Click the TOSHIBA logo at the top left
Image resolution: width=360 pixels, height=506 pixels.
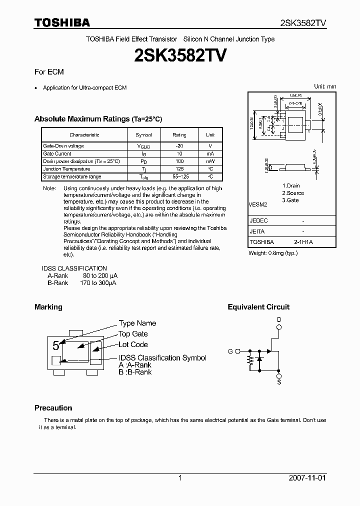pos(62,23)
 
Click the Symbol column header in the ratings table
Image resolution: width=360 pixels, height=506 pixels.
pos(143,135)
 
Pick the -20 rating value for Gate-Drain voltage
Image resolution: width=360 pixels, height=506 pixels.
pos(179,146)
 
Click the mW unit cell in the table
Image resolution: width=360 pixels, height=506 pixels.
pos(210,161)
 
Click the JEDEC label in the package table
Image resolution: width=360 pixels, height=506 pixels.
pos(258,220)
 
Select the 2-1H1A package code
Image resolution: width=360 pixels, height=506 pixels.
pos(303,242)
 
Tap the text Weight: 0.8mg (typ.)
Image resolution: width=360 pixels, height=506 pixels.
pos(273,253)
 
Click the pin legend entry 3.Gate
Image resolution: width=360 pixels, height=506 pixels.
pos(290,200)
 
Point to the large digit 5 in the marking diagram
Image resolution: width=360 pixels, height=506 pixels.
pos(56,345)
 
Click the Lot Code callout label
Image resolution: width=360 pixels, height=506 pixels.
pos(133,344)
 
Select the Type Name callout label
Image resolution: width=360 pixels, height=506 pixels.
pos(137,323)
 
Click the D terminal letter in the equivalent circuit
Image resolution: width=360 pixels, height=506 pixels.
pos(279,319)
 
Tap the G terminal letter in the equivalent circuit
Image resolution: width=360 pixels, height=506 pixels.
pos(230,351)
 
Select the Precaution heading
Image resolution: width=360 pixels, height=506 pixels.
pos(53,407)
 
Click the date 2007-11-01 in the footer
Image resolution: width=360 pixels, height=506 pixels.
pos(307,478)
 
